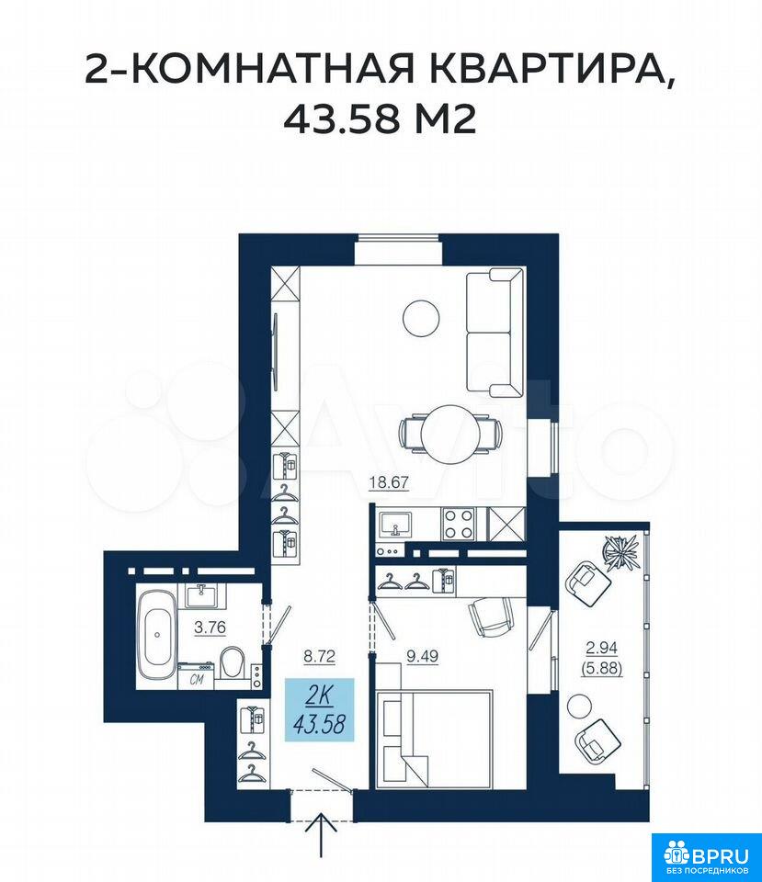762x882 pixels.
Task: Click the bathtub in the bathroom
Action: point(158,634)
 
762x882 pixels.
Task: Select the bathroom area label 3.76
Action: point(210,628)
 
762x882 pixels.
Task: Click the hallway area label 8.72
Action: point(319,656)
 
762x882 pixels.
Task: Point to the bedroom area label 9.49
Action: point(422,656)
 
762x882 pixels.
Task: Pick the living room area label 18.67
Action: point(388,482)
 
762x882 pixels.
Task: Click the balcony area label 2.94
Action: point(602,648)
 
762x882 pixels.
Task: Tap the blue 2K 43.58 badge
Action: point(319,709)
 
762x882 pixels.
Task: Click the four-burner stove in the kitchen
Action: point(459,524)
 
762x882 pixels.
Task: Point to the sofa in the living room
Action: point(495,333)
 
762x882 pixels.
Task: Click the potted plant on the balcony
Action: point(621,552)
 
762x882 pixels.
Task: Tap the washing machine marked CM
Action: point(196,675)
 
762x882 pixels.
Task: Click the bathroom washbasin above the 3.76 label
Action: point(200,595)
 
